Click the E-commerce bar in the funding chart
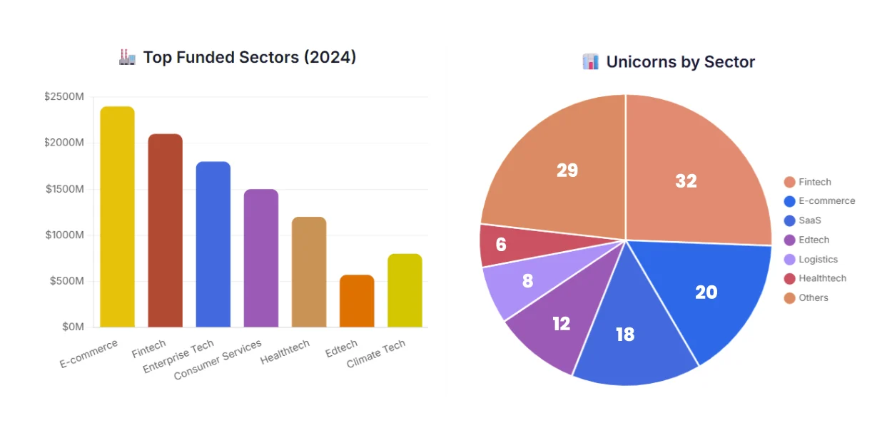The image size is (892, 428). (x=117, y=217)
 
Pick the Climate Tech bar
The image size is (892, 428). (x=405, y=290)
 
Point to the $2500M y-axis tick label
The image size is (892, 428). (x=64, y=97)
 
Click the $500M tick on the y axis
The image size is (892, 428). (x=67, y=281)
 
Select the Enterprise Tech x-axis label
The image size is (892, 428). (x=179, y=356)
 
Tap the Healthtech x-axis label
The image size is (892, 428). (x=285, y=352)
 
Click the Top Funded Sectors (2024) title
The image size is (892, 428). (x=249, y=58)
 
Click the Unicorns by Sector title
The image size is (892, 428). (x=680, y=62)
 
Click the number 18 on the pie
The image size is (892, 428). (x=625, y=335)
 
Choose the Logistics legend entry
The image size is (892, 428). (x=817, y=260)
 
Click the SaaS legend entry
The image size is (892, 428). (x=809, y=220)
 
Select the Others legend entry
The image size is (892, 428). (x=813, y=298)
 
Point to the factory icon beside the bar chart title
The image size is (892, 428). (x=127, y=57)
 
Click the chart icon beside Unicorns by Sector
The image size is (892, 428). (x=590, y=62)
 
